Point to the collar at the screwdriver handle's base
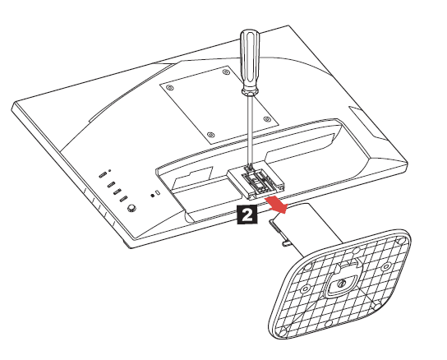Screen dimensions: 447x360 point(250,91)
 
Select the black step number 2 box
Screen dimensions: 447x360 point(247,215)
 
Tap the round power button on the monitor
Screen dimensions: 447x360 point(131,208)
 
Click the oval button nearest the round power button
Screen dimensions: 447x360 point(123,199)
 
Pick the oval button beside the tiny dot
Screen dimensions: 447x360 point(103,175)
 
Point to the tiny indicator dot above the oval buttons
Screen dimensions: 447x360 point(110,171)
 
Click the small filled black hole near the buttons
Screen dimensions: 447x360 point(152,196)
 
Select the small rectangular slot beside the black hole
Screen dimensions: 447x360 point(158,192)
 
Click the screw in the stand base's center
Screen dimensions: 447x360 point(342,284)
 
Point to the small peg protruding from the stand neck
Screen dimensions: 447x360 point(287,243)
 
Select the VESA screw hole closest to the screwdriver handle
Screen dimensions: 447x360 point(225,72)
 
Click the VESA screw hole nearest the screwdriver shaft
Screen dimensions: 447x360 point(266,118)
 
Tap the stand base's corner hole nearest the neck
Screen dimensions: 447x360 point(308,267)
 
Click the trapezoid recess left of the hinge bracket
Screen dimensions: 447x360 point(193,178)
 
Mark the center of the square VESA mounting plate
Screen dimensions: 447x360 point(219,104)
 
